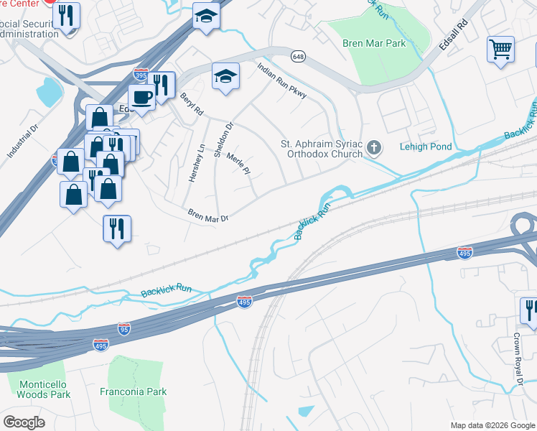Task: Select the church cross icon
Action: [x=373, y=148]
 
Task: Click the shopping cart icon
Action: [x=500, y=49]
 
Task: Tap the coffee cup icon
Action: [x=141, y=96]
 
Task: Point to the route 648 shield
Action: [x=298, y=55]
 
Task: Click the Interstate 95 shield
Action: [x=123, y=328]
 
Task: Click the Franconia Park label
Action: [x=137, y=391]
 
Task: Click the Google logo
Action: [x=24, y=422]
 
